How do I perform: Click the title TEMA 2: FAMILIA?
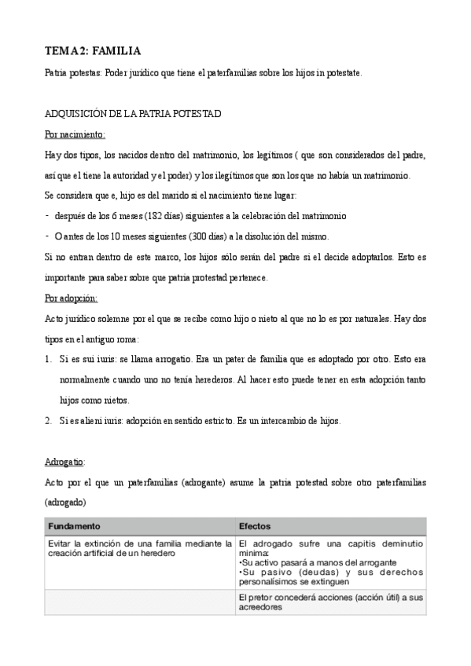(x=93, y=52)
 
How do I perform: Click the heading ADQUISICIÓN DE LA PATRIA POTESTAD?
(x=133, y=114)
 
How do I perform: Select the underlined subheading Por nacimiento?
(x=75, y=134)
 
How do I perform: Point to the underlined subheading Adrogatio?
(x=64, y=461)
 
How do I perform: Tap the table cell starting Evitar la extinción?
(x=139, y=548)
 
